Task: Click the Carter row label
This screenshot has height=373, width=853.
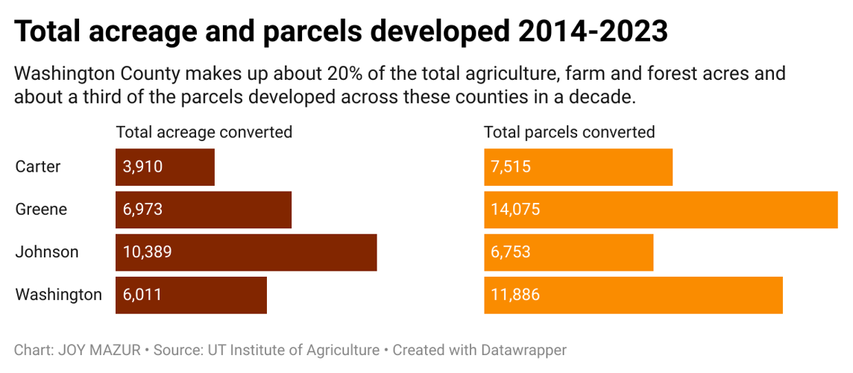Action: [38, 167]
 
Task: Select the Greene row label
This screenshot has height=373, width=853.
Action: [41, 210]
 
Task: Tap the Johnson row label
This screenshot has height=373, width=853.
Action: [46, 252]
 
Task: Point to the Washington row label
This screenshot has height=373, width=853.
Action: [58, 295]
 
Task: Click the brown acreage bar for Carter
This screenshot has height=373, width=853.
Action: [165, 167]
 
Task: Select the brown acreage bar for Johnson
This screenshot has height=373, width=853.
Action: [246, 252]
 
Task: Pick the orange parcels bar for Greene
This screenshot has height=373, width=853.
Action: [661, 210]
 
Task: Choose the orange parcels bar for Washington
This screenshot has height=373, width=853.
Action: [633, 295]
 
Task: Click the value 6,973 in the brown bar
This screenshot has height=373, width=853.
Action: [142, 210]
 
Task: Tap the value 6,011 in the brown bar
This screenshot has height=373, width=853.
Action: [142, 295]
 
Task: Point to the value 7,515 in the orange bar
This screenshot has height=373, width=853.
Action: [511, 167]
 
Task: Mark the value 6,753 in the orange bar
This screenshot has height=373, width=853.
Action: [511, 252]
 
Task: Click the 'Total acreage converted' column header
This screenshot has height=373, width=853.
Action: [204, 133]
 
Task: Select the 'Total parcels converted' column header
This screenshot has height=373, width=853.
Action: [569, 133]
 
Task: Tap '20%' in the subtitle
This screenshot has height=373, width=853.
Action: [342, 75]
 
